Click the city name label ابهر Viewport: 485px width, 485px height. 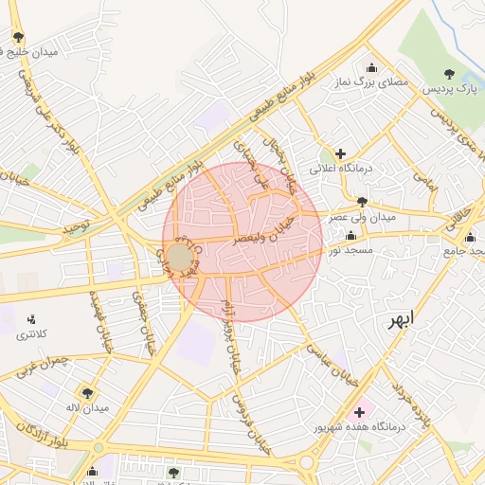pos(401,319)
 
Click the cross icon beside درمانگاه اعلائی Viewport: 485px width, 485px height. pos(340,153)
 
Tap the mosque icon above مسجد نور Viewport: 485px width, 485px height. pos(350,236)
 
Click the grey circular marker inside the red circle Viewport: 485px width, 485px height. pos(180,257)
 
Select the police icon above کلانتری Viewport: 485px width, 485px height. pos(31,319)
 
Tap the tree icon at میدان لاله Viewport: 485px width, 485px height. pos(87,392)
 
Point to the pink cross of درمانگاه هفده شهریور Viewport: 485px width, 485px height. pos(359,413)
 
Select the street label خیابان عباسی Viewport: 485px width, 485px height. pos(332,361)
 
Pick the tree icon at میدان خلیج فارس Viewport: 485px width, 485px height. pos(19,37)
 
